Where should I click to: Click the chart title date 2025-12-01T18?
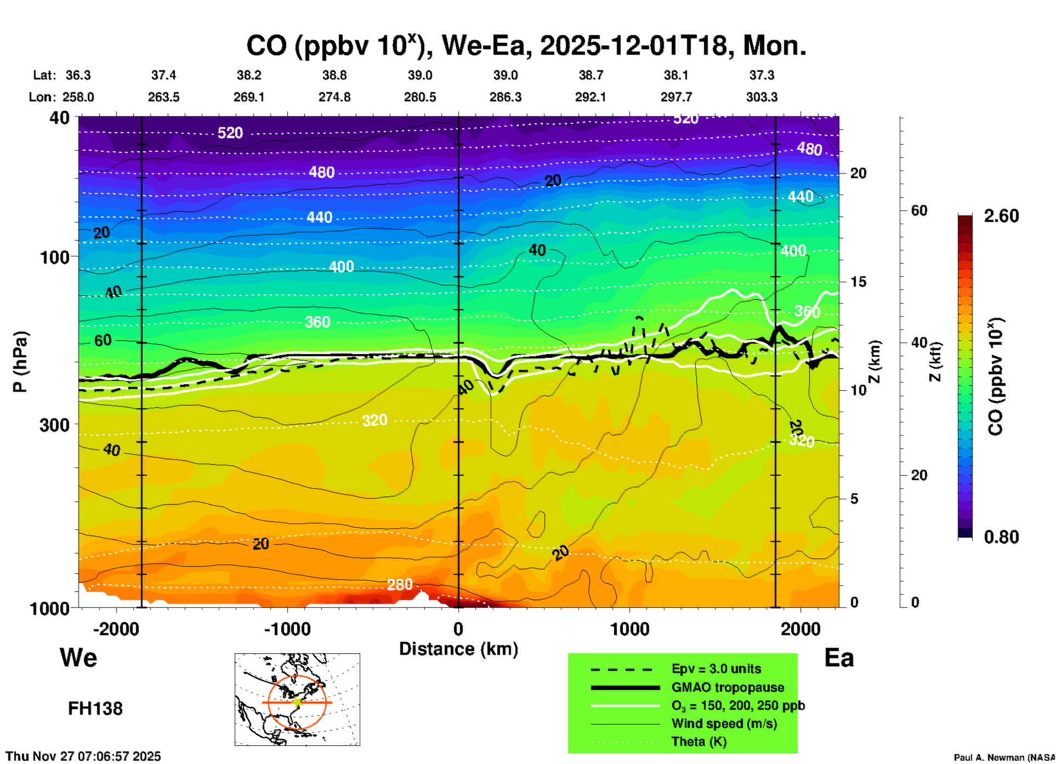tap(634, 46)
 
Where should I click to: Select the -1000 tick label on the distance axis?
tap(287, 629)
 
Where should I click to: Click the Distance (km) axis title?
tap(458, 649)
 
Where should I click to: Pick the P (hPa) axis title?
tap(20, 362)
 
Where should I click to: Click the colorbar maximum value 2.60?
tap(1001, 216)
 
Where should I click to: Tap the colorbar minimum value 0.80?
tap(1001, 537)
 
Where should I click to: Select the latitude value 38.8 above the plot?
tap(334, 75)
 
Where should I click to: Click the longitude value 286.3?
tap(505, 97)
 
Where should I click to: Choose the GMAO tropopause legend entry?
tap(728, 687)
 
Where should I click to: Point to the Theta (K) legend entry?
tap(699, 742)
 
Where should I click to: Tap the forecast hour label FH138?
tap(95, 709)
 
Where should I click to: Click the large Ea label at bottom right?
tap(839, 658)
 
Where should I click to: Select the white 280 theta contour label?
tap(400, 585)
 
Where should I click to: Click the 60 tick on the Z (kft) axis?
tap(919, 210)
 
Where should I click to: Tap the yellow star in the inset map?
tap(297, 702)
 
